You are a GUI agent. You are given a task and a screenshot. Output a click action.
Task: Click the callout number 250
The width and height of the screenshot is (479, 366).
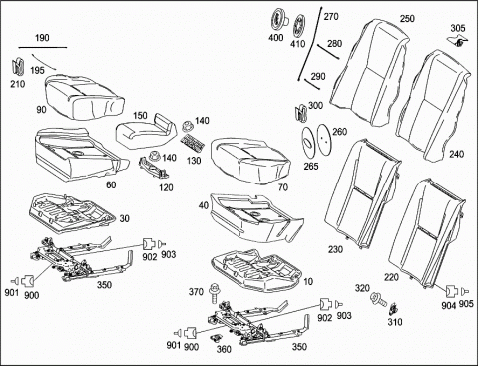click(x=407, y=19)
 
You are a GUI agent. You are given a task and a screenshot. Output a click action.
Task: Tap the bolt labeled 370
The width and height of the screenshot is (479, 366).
click(x=214, y=293)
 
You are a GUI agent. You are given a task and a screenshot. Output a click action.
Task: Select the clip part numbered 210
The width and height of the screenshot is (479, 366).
click(x=17, y=66)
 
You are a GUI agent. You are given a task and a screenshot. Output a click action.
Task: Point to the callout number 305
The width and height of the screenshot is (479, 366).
click(x=458, y=28)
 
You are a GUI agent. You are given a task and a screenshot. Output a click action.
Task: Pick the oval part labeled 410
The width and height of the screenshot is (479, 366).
click(x=299, y=25)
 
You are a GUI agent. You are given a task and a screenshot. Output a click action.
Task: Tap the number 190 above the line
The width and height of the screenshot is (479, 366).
click(x=42, y=38)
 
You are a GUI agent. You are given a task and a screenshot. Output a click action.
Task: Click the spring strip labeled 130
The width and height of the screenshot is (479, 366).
click(x=193, y=143)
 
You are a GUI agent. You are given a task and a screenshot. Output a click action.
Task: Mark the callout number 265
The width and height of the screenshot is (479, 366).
click(x=311, y=166)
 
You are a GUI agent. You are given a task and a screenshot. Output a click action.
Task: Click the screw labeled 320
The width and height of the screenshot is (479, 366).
click(x=379, y=298)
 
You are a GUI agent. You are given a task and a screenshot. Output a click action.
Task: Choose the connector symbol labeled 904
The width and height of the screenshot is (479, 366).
click(x=451, y=291)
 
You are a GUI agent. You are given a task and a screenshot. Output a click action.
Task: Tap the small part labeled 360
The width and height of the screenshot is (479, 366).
click(x=217, y=338)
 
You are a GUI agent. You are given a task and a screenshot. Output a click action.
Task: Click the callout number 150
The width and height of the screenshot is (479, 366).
click(x=140, y=116)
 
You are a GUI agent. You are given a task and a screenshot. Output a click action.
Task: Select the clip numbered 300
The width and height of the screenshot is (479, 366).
click(x=301, y=112)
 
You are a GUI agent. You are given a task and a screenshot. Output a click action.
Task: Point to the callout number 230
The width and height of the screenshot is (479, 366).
click(x=335, y=249)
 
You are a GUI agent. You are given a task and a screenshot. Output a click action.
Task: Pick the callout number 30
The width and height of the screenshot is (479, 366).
click(x=125, y=218)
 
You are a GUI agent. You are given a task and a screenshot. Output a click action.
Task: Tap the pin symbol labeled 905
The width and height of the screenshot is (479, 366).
click(x=465, y=292)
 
